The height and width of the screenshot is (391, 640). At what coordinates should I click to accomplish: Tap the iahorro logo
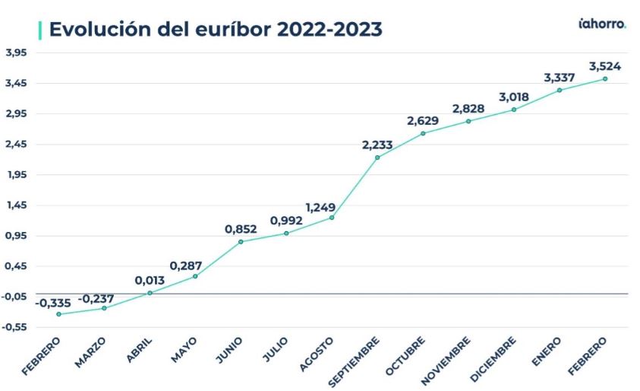602,24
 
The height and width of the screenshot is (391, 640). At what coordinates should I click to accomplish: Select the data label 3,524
604,66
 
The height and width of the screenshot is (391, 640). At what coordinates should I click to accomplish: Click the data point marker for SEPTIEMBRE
377,157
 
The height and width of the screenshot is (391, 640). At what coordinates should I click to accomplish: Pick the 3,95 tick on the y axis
16,52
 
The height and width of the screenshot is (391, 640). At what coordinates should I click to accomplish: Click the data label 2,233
377,145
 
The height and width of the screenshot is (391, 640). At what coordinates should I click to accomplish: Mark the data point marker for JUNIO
241,242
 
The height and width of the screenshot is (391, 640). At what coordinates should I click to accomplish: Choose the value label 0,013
150,280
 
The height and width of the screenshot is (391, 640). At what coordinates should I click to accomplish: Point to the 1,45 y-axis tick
16,205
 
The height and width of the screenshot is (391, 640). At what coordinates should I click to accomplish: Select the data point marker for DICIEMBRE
514,110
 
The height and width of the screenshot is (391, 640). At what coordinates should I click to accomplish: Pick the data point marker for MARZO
104,308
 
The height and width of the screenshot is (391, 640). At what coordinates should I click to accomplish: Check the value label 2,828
468,109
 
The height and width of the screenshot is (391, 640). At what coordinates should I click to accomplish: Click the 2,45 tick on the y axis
16,145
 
